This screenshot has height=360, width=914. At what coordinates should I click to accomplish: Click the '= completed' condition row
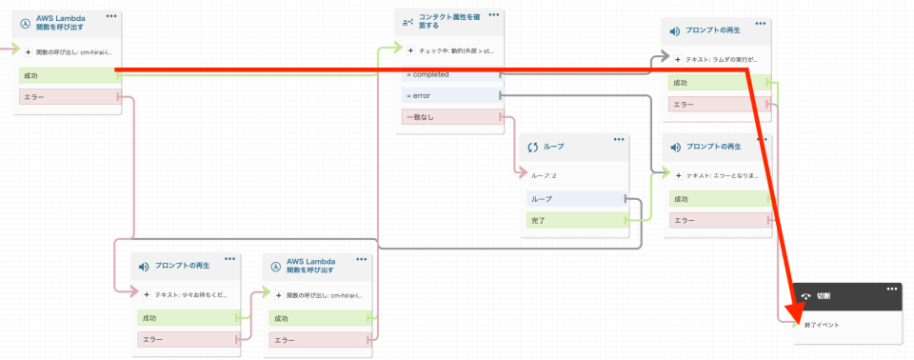coord(447,73)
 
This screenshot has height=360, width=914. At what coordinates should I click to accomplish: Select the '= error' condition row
coord(447,95)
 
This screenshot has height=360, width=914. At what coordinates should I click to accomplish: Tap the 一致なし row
coord(447,117)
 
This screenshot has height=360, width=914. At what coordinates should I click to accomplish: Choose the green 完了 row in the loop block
coord(576,220)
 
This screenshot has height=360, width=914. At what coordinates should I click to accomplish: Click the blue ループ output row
coord(576,199)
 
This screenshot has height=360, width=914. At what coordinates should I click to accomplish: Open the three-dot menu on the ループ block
coord(619,140)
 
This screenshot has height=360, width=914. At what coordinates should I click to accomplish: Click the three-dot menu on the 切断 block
coord(892,289)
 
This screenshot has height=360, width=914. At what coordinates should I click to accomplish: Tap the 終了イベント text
coord(824,325)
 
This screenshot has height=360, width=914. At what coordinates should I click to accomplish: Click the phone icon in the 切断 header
coord(805,295)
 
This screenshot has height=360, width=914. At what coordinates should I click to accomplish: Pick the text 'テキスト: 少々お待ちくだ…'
coord(191,295)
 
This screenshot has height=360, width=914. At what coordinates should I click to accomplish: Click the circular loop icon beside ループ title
coord(532,148)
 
